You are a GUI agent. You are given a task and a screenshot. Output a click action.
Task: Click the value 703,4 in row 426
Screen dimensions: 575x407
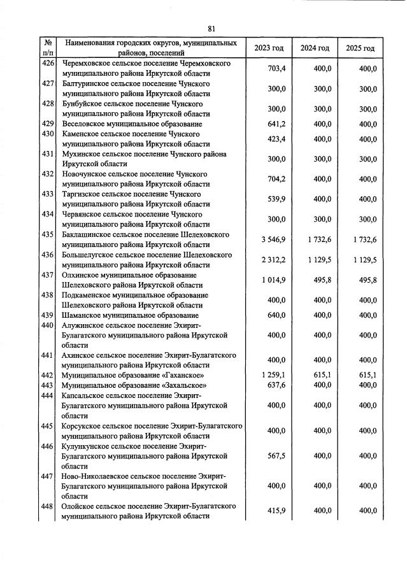tap(275, 69)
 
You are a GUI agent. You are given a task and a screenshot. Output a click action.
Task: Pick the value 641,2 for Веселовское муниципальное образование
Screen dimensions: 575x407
tap(275, 124)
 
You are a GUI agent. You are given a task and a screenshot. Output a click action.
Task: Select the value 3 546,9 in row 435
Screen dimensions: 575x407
tap(272, 239)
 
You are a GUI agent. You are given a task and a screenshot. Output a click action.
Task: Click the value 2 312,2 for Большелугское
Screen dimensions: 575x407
tap(272, 259)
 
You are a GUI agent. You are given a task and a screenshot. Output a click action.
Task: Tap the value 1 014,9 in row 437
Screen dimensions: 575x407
tap(272, 280)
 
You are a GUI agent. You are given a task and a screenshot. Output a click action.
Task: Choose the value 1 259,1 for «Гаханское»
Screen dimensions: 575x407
tap(272, 376)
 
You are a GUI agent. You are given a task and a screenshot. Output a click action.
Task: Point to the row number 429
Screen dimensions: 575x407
tap(47, 124)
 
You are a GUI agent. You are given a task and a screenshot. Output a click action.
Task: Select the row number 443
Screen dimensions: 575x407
tap(47, 385)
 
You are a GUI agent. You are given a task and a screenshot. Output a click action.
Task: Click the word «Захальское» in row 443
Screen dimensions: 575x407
tap(155, 385)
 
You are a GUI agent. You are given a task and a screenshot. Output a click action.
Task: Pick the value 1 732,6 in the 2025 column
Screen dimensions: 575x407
tap(363, 239)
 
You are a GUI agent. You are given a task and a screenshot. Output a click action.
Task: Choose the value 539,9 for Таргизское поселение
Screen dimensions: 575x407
tap(275, 199)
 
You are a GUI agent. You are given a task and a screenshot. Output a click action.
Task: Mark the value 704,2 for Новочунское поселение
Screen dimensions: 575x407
tap(275, 179)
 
